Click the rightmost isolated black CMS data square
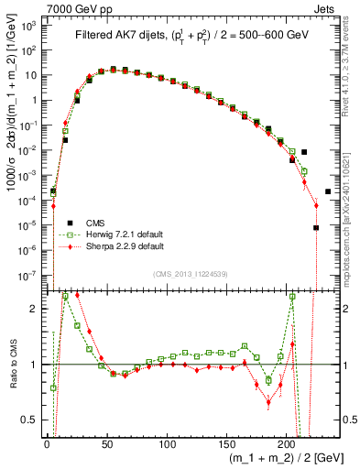point(328,191)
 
